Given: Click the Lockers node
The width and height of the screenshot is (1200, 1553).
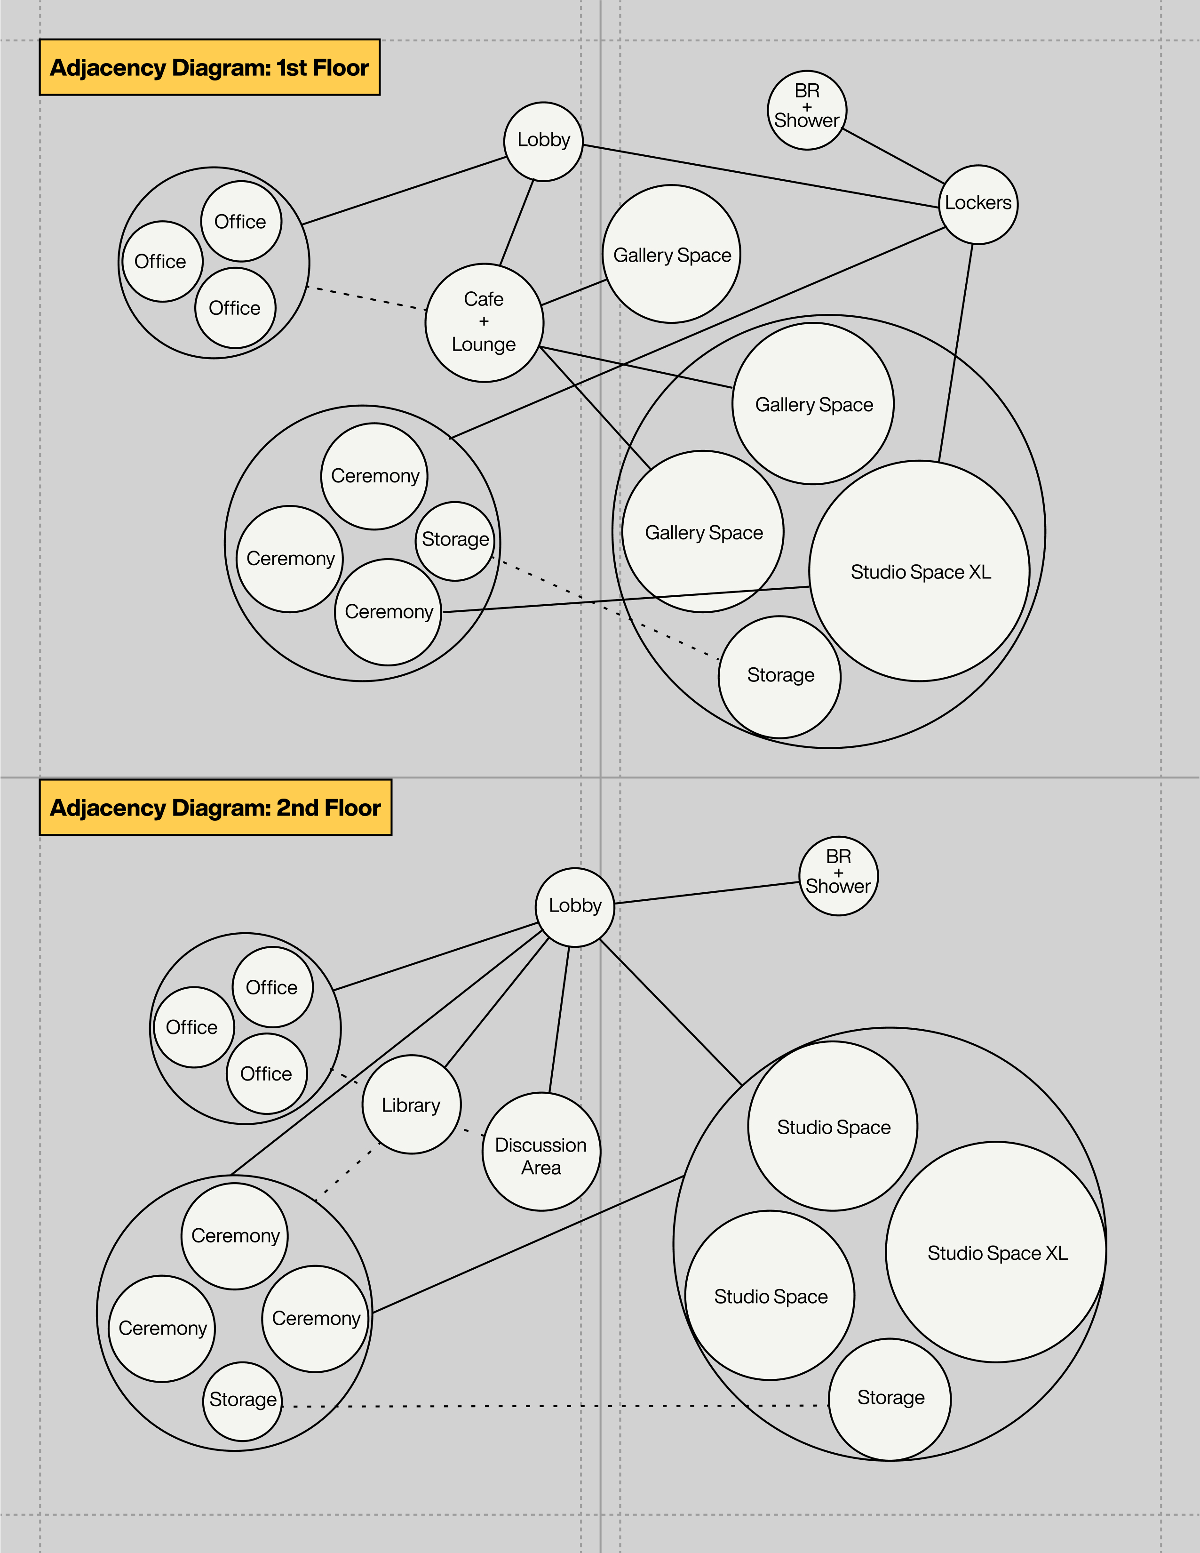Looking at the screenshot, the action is pos(978,205).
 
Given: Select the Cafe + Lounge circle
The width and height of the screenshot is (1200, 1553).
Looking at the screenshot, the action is pos(484,323).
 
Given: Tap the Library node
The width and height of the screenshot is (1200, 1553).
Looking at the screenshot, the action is pos(411,1105).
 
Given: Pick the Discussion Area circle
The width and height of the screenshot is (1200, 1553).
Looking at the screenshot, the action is pos(541,1152).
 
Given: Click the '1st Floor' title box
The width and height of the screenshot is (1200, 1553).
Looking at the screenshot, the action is pos(210,68).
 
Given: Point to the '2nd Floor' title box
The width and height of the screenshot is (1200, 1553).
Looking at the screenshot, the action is pos(215,808).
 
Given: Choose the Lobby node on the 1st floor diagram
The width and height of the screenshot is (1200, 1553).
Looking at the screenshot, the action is pos(543,142).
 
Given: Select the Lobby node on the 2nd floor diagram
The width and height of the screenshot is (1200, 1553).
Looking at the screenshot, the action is pos(574,907).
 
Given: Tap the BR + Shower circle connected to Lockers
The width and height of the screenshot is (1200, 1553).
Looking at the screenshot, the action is pos(807,110).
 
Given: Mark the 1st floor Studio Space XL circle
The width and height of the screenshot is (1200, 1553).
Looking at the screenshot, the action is pos(919,571).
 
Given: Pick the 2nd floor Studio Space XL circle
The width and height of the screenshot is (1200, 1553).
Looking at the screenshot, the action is pos(996,1252).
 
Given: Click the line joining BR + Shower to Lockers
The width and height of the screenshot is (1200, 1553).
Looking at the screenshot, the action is pos(893,156).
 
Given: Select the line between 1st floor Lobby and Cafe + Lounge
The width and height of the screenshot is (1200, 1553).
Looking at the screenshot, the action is pos(517,222).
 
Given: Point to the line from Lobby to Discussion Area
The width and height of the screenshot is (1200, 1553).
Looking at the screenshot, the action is pos(559,1019).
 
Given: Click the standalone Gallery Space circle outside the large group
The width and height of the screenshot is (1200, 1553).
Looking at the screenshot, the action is pos(672,254).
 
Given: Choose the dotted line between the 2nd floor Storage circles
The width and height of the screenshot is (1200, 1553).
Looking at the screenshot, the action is pos(555,1406).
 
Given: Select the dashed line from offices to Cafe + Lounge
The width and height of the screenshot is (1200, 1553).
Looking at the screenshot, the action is pos(366,298).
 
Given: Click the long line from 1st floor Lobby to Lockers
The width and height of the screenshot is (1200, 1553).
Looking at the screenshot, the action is pos(761,176).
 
